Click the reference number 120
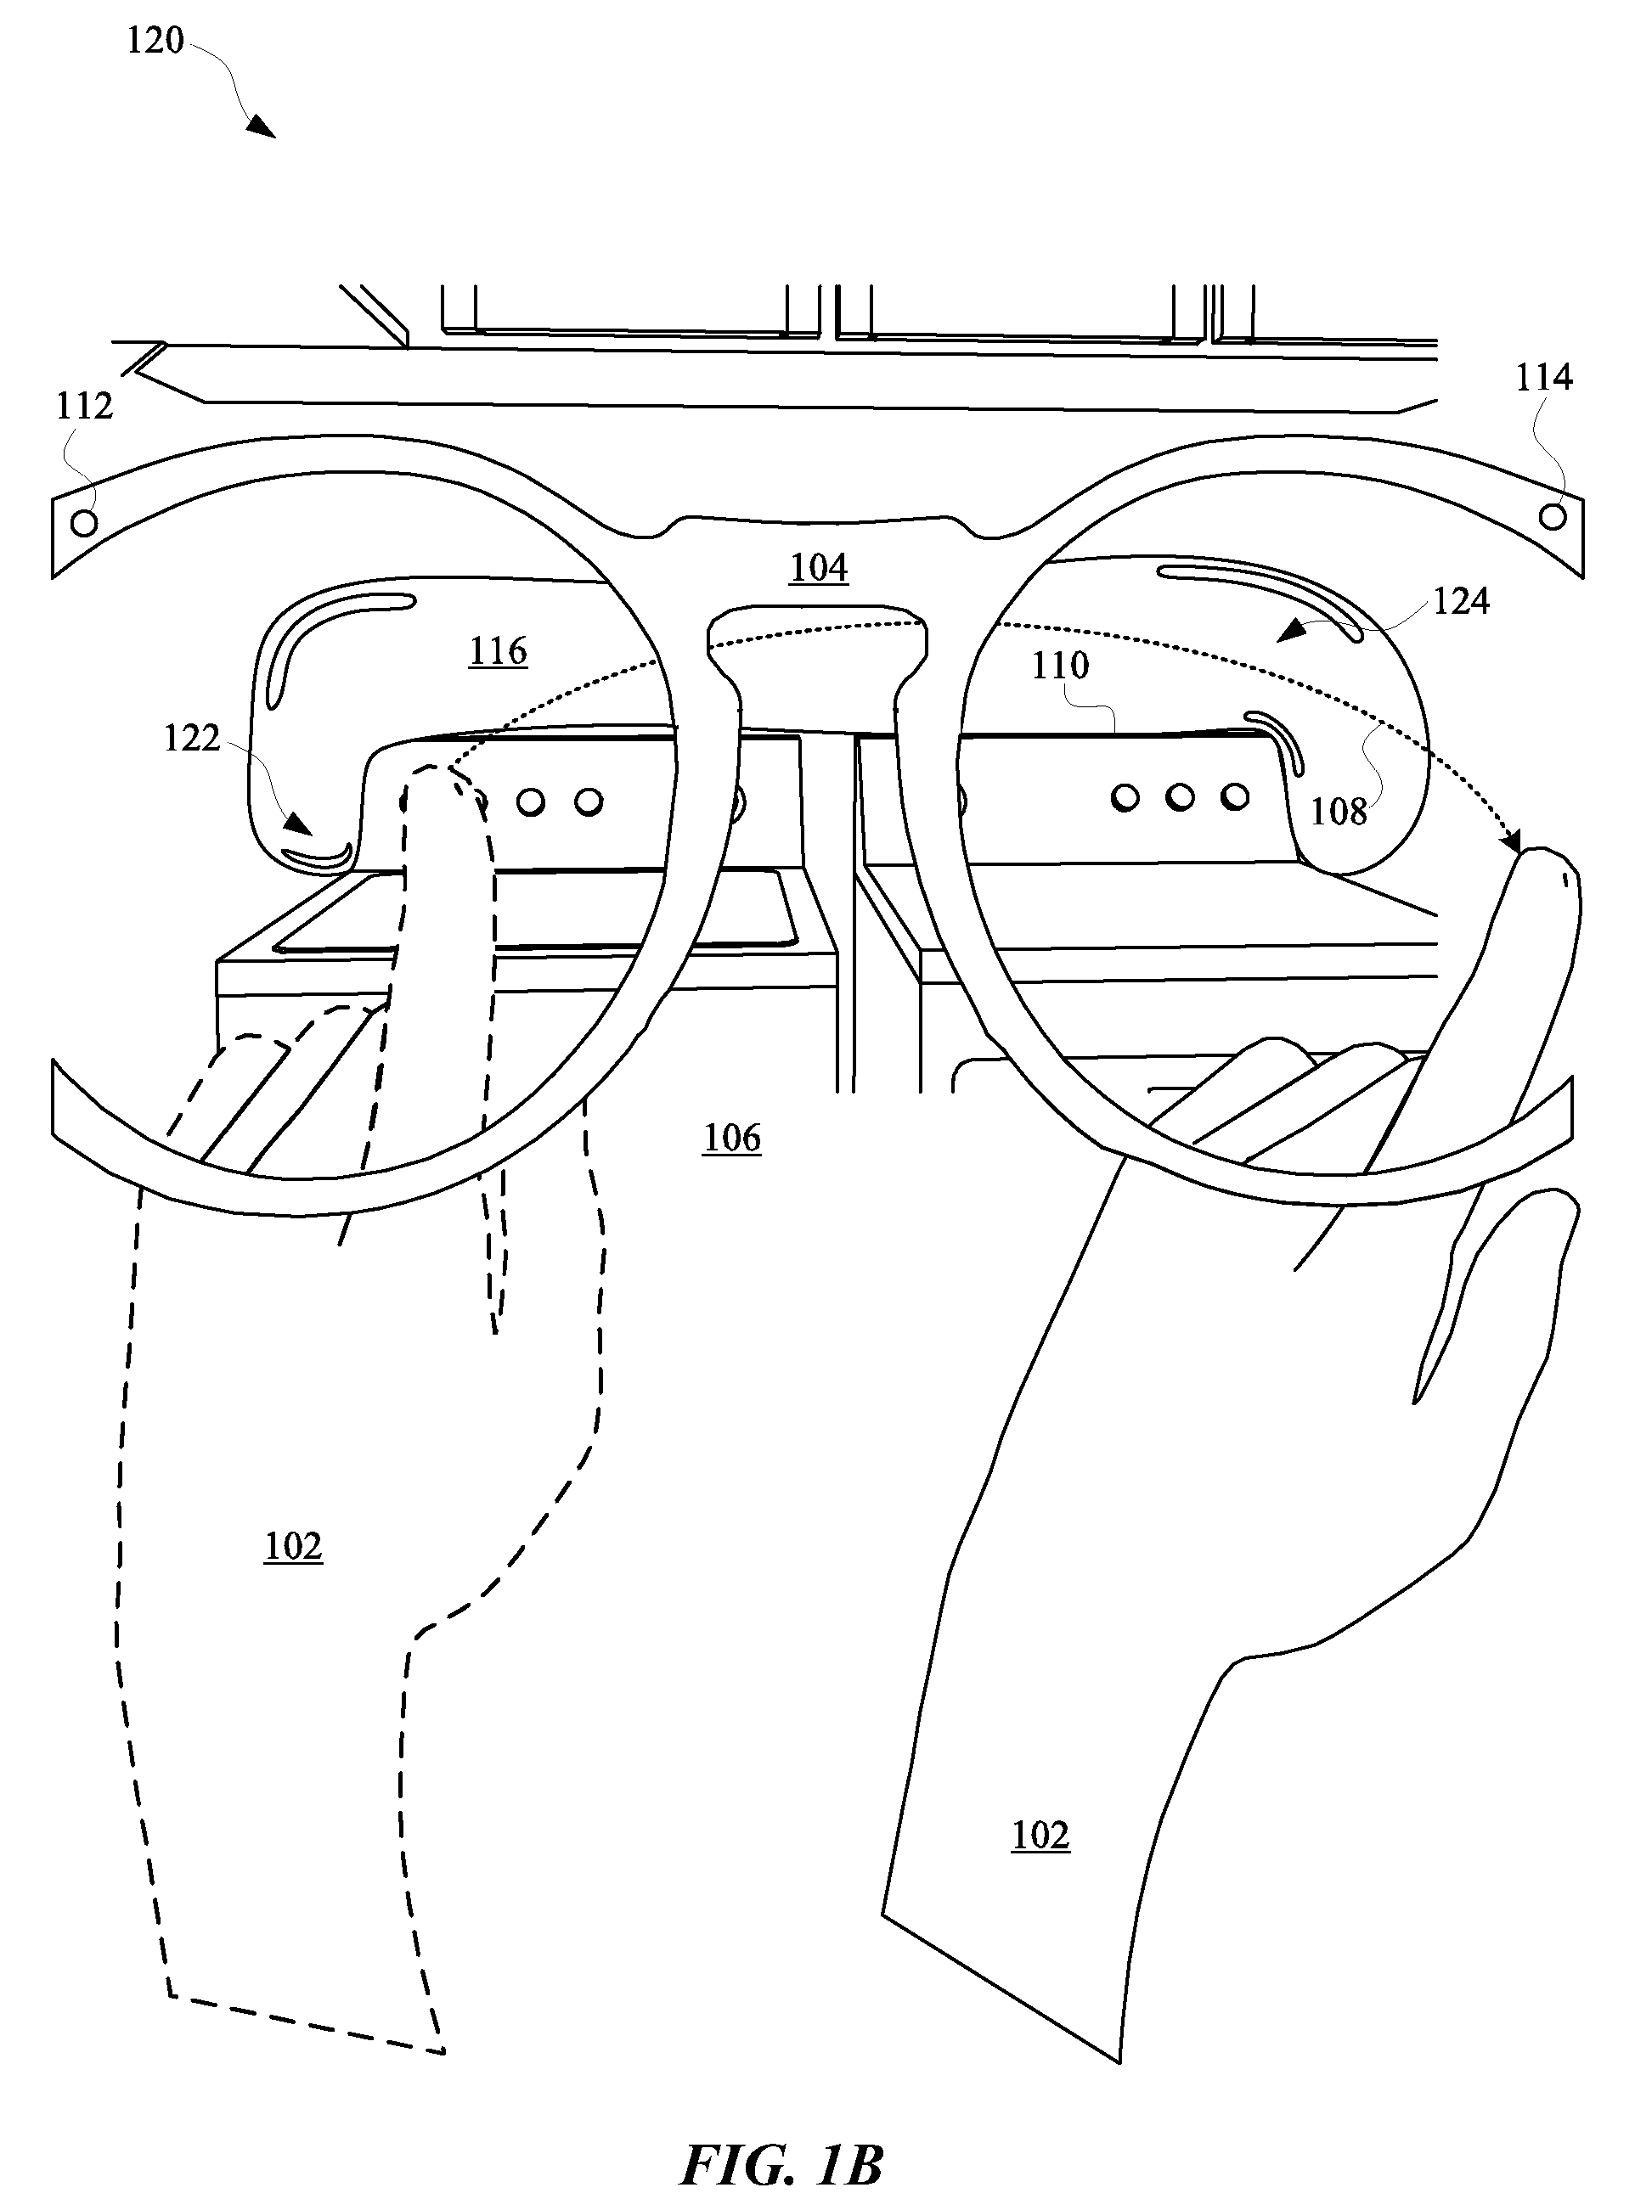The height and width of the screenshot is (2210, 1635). (x=155, y=41)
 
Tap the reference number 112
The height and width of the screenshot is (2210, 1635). (x=84, y=406)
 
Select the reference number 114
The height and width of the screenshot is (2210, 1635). (x=1544, y=377)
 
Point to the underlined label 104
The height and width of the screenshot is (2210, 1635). (x=820, y=568)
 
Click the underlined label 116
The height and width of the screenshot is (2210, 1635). (x=498, y=651)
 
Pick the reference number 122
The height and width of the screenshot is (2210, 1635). (x=191, y=738)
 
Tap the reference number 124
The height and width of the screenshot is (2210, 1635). (x=1461, y=600)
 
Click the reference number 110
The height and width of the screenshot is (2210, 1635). (x=1060, y=666)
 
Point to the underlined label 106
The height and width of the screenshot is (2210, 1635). (x=732, y=1139)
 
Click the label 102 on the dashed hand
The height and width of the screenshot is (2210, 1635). (x=293, y=1546)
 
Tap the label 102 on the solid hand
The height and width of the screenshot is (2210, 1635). (x=1040, y=1835)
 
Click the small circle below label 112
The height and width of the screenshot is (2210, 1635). (x=85, y=520)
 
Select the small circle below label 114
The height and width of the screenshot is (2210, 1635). (x=1553, y=515)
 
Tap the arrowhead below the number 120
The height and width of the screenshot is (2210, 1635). (x=262, y=126)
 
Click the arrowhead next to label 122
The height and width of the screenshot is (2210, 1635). (x=298, y=823)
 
